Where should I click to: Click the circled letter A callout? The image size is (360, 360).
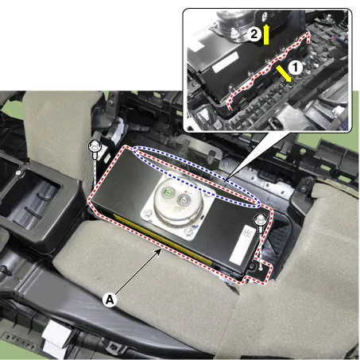pyautogui.click(x=110, y=300)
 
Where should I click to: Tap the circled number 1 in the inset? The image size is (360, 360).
pyautogui.click(x=295, y=68)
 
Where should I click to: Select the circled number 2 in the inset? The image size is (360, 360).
pyautogui.click(x=254, y=34)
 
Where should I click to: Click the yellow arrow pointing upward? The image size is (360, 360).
pyautogui.click(x=266, y=34)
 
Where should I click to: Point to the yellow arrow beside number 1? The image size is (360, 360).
pyautogui.click(x=284, y=74)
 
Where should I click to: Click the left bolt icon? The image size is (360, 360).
pyautogui.click(x=95, y=149)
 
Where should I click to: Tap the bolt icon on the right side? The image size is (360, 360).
pyautogui.click(x=261, y=223)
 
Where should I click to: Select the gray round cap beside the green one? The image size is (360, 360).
pyautogui.click(x=183, y=199)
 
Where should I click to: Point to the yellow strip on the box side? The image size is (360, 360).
pyautogui.click(x=163, y=239)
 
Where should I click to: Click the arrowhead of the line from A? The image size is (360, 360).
pyautogui.click(x=159, y=251)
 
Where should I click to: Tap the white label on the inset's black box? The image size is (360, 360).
pyautogui.click(x=225, y=62)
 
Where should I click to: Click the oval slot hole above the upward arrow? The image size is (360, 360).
pyautogui.click(x=264, y=17)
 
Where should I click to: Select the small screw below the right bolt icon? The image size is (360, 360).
pyautogui.click(x=261, y=269)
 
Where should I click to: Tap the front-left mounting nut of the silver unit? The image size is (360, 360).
pyautogui.click(x=148, y=214)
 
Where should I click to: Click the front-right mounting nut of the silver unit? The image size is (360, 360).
pyautogui.click(x=189, y=231)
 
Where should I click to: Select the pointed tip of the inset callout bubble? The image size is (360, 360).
pyautogui.click(x=225, y=181)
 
